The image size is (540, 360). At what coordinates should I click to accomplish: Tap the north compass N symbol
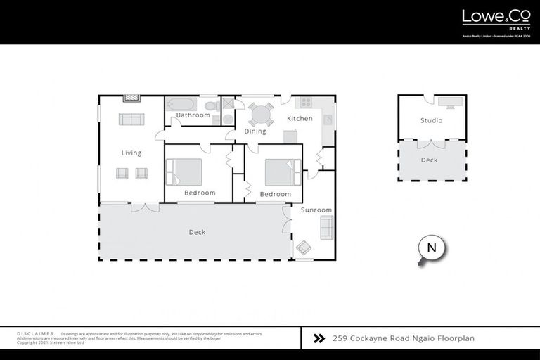click(x=432, y=247)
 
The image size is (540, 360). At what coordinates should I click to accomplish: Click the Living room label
click(x=131, y=153)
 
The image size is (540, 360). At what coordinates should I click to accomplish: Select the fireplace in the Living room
click(x=131, y=99)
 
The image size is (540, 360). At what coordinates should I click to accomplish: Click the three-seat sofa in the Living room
click(x=131, y=119)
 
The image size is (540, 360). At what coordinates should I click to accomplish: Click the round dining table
click(x=260, y=114)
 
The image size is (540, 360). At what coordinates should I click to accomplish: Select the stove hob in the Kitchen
click(x=306, y=101)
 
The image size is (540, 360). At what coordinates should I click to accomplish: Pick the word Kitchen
click(x=300, y=118)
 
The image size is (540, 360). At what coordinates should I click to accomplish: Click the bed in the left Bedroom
click(x=184, y=172)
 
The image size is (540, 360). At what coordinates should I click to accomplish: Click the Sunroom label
click(x=316, y=210)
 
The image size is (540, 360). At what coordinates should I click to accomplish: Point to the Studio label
click(x=431, y=120)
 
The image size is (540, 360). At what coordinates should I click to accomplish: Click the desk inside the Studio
click(x=450, y=101)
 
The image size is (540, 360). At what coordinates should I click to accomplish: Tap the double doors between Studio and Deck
click(x=431, y=143)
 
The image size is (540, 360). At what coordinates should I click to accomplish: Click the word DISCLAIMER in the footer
click(x=35, y=333)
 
